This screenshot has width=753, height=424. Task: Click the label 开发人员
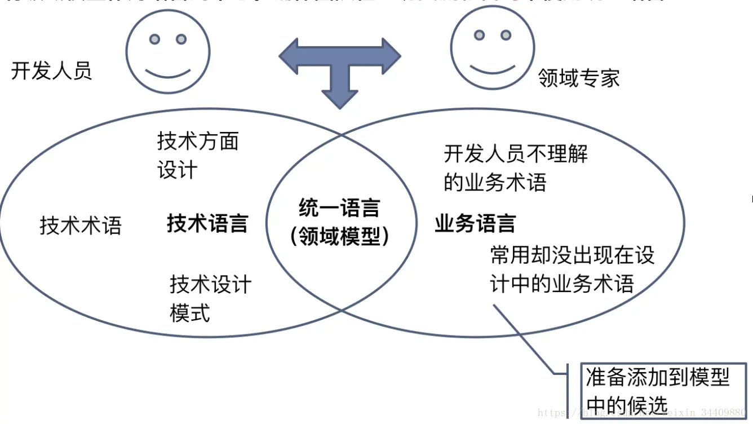click(x=51, y=72)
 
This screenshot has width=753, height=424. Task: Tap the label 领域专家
click(x=579, y=78)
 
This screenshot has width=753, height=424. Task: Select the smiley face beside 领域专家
click(x=493, y=47)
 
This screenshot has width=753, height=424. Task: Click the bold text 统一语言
click(x=339, y=209)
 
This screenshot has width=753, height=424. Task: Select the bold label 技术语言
click(x=207, y=224)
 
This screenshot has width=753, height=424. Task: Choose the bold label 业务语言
click(x=475, y=224)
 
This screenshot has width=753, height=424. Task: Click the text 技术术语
click(x=81, y=226)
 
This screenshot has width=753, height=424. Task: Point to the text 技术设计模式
click(x=210, y=298)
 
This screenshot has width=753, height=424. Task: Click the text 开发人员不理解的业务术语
click(x=515, y=168)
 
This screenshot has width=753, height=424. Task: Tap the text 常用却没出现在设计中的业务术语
click(x=572, y=270)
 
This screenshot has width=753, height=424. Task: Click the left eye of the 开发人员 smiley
click(x=154, y=39)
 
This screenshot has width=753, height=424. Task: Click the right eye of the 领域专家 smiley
click(x=506, y=36)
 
